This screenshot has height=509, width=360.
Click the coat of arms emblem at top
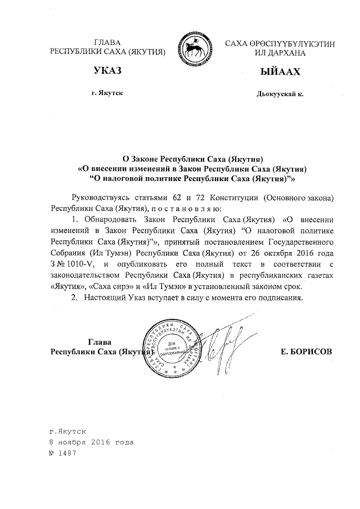pos(195,48)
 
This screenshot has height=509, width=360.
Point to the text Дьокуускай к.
pos(280,94)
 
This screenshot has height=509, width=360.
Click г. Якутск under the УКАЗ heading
pos(106,93)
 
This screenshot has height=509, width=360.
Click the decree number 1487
pos(66,452)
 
